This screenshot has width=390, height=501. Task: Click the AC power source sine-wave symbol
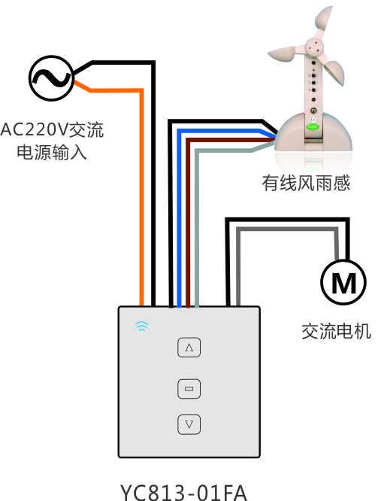tap(51, 78)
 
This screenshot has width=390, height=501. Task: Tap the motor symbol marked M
tap(343, 282)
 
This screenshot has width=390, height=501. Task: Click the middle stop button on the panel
tap(189, 389)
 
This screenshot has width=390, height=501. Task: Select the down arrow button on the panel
tap(189, 424)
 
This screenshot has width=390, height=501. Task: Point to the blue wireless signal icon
tap(142, 326)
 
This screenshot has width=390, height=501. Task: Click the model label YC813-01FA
tap(183, 492)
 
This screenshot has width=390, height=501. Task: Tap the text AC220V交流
tap(52, 129)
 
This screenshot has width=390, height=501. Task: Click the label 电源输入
tap(52, 152)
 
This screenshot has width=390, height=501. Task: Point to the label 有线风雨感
tap(306, 183)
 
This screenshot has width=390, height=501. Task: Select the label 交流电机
tap(337, 331)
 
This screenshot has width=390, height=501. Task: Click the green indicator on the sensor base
tap(313, 127)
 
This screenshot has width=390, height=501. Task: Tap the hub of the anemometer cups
tap(315, 47)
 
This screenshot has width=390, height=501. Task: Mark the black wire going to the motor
tap(287, 220)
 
